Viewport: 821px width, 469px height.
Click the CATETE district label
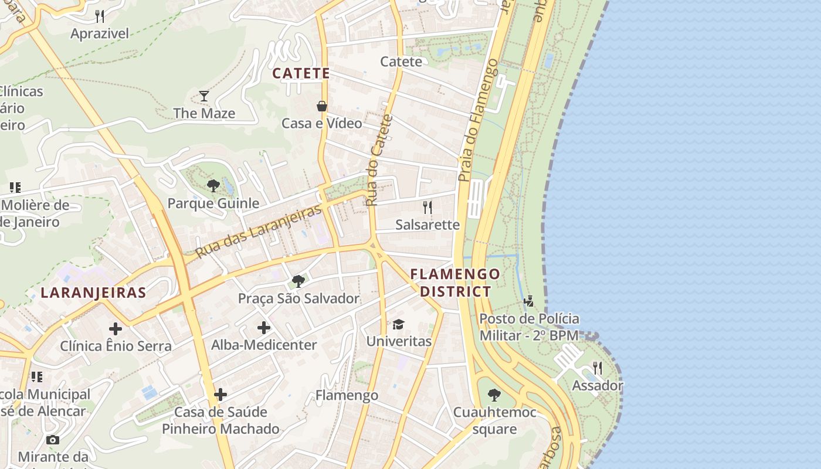point(301,73)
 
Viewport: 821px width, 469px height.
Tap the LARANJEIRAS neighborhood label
point(93,293)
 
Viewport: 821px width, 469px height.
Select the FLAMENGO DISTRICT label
point(456,283)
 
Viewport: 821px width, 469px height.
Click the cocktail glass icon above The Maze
point(204,96)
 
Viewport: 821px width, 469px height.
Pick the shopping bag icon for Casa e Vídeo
point(322,106)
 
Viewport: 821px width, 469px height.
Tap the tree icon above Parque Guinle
point(213,186)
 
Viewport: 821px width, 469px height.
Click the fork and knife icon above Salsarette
point(428,207)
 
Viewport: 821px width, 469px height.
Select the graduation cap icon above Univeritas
point(399,324)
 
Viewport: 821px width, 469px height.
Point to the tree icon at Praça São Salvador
point(298,281)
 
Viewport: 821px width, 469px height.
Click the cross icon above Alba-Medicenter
point(264,328)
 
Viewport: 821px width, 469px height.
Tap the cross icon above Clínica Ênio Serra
point(116,328)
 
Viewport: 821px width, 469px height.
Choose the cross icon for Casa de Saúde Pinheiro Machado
point(220,395)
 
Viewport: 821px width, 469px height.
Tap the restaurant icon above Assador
point(597,368)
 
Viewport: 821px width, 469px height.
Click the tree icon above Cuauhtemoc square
point(494,395)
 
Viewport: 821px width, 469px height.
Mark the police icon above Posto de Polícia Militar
point(529,301)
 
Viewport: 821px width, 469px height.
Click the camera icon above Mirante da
point(53,440)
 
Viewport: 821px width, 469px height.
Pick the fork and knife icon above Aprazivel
point(100,16)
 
